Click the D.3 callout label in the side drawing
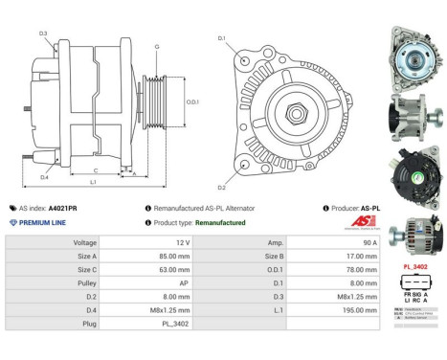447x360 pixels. pos(44,34)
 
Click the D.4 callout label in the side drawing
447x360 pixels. pos(44,176)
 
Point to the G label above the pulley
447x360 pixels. pos(157,46)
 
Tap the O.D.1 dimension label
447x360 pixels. pos(192,102)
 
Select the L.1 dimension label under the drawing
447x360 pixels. pos(93,181)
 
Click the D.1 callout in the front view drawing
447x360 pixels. pos(221,38)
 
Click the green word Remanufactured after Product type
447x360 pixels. pos(215,222)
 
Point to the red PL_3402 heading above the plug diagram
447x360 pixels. pos(414,267)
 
